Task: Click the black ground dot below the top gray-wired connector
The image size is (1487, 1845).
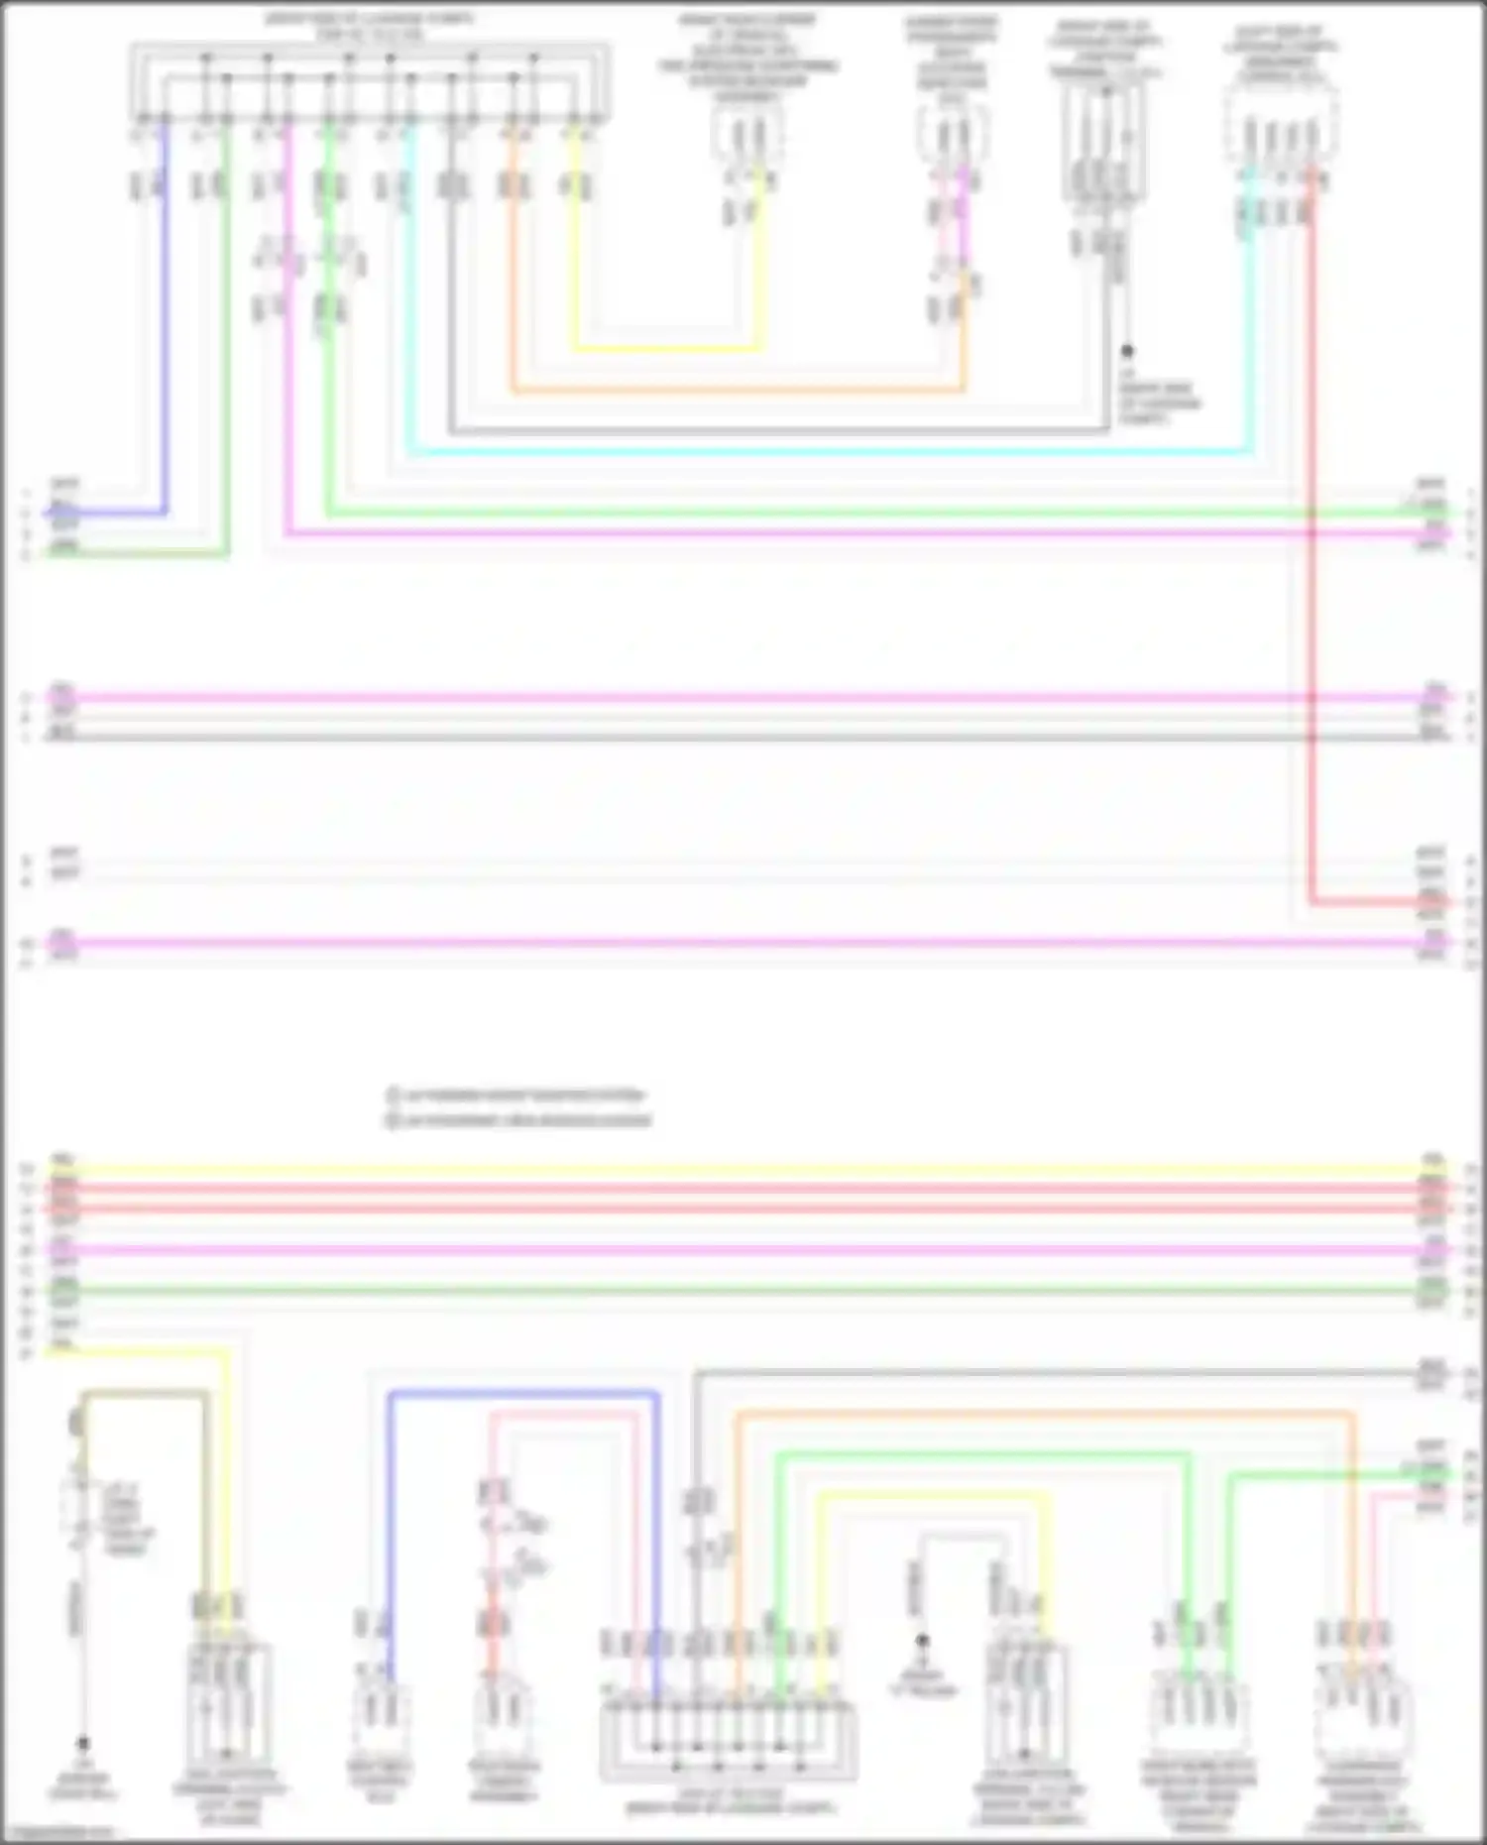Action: pyautogui.click(x=1127, y=351)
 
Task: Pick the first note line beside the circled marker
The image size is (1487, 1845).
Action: pyautogui.click(x=515, y=1096)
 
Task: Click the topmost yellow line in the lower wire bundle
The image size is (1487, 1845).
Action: pyautogui.click(x=734, y=1170)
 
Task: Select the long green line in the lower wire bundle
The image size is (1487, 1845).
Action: pyautogui.click(x=734, y=1291)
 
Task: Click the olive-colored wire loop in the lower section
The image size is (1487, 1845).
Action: pyautogui.click(x=144, y=1395)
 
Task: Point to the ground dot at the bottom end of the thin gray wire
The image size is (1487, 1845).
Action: pyautogui.click(x=84, y=1743)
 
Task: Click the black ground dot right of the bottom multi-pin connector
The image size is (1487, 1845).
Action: pyautogui.click(x=922, y=1641)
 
